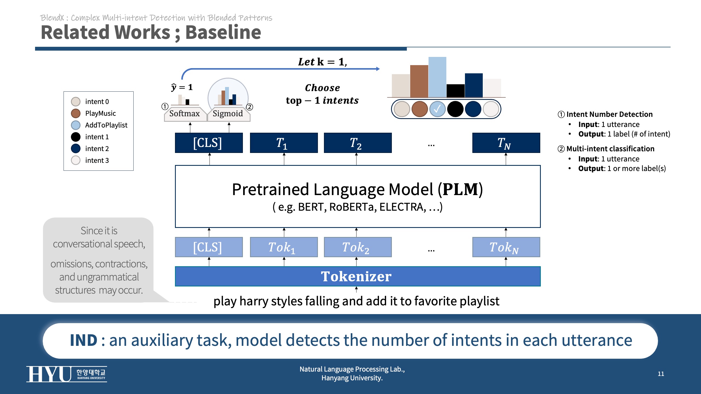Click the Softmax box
pyautogui.click(x=185, y=114)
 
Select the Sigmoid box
pyautogui.click(x=228, y=114)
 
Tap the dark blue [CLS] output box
pyautogui.click(x=209, y=143)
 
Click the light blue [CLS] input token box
pyautogui.click(x=209, y=247)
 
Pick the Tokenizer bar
pyautogui.click(x=358, y=276)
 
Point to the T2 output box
pyautogui.click(x=358, y=143)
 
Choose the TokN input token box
pyautogui.click(x=506, y=247)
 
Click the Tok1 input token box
pyautogui.click(x=284, y=247)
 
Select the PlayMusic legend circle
pyautogui.click(x=76, y=113)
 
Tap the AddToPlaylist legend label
pyautogui.click(x=106, y=125)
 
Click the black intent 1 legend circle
pyautogui.click(x=76, y=137)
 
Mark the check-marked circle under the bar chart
pyautogui.click(x=437, y=109)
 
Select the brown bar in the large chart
pyautogui.click(x=419, y=81)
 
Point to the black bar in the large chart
pyautogui.click(x=455, y=91)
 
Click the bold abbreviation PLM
pyautogui.click(x=460, y=189)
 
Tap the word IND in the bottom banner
pyautogui.click(x=84, y=340)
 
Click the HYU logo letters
pyautogui.click(x=49, y=374)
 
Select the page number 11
pyautogui.click(x=661, y=374)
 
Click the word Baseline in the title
pyautogui.click(x=223, y=32)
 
